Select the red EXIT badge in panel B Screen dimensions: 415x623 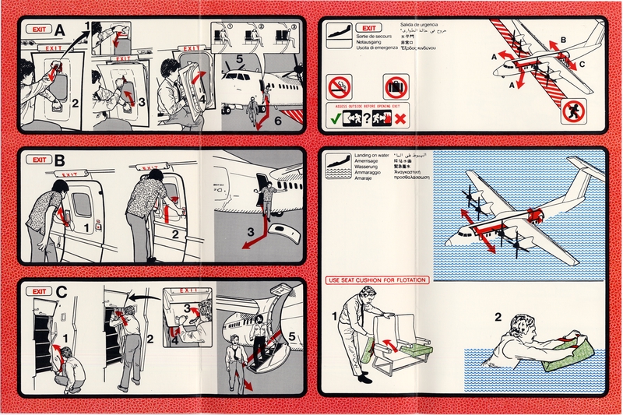tap(36, 160)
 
